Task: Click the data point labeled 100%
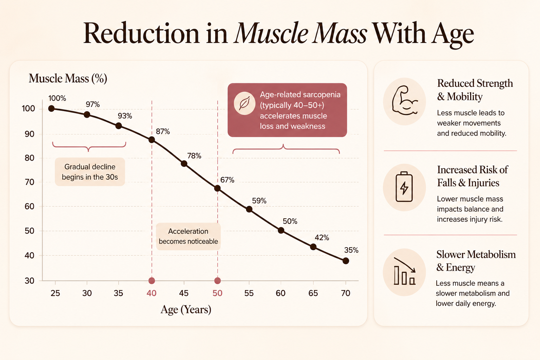[x=51, y=109]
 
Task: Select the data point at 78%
[x=184, y=164]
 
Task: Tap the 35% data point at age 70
[x=346, y=261]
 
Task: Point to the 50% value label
[x=290, y=221]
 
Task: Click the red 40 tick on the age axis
[x=152, y=293]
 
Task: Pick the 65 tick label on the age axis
[x=313, y=293]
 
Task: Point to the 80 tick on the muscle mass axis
[x=30, y=158]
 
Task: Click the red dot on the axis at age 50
[x=218, y=281]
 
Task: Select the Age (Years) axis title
[x=186, y=310]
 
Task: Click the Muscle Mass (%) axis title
[x=68, y=79]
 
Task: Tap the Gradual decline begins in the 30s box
[x=90, y=172]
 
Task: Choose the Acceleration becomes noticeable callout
[x=188, y=236]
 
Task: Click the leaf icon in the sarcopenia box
[x=244, y=103]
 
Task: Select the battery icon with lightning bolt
[x=404, y=186]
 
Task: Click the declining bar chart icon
[x=405, y=271]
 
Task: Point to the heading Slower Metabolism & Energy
[x=476, y=261]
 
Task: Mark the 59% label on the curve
[x=259, y=201]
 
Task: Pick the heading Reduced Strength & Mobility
[x=475, y=90]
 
